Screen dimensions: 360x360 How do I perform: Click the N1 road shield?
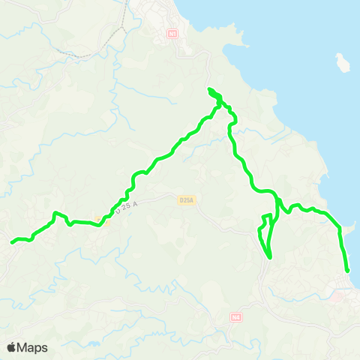click(173, 34)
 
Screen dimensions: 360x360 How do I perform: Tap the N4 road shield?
click(236, 317)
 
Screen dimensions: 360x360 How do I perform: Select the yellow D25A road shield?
click(187, 200)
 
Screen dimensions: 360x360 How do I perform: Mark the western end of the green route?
click(12, 241)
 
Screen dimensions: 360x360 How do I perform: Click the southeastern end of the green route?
click(348, 271)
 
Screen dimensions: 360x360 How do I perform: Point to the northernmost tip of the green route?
click(209, 90)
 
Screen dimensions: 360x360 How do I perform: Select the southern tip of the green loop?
click(268, 257)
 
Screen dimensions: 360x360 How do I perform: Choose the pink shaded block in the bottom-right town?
click(341, 297)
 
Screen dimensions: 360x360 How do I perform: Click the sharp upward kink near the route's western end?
click(55, 215)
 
